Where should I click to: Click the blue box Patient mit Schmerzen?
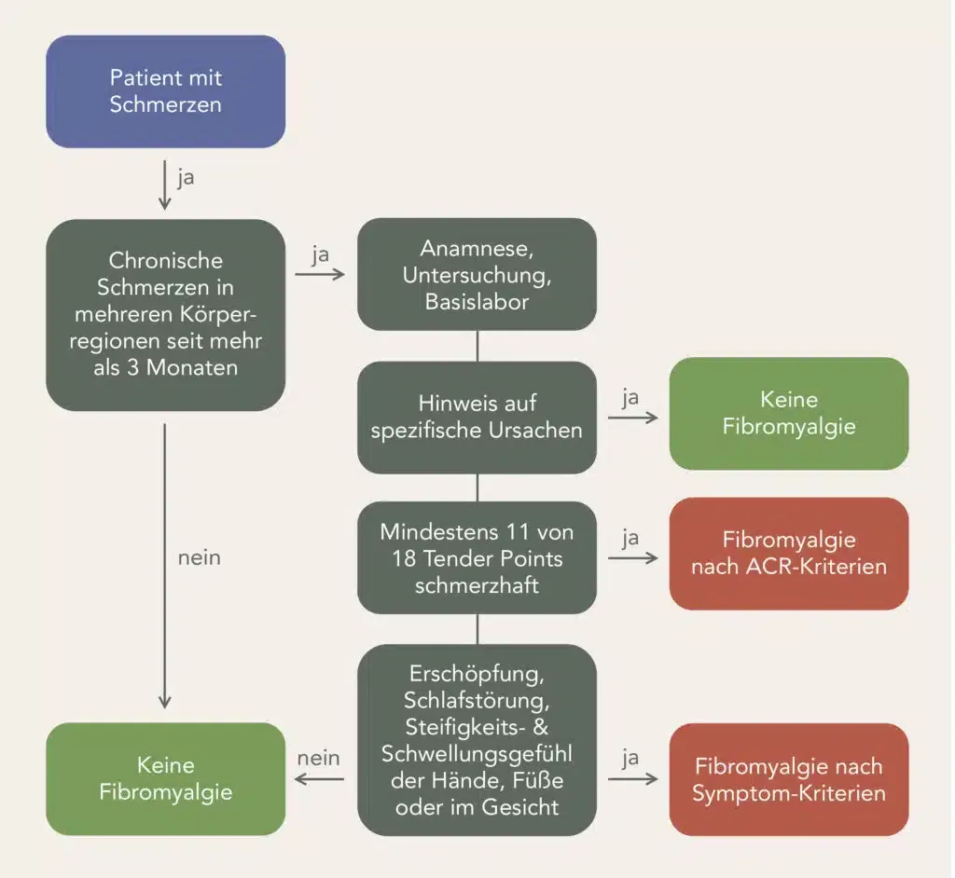point(165,91)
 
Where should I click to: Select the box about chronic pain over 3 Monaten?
point(165,314)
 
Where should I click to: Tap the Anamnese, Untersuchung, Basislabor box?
point(477,274)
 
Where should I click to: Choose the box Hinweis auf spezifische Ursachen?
point(477,417)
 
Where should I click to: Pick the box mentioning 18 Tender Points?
point(477,556)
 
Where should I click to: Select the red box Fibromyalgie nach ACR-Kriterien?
point(788,553)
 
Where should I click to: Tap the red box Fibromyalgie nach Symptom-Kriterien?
point(788,779)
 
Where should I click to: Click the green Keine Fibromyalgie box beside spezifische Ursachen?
point(788,413)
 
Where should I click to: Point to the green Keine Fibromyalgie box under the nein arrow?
point(165,778)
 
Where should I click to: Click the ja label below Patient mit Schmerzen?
point(186,177)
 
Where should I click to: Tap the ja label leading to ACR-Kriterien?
point(630,538)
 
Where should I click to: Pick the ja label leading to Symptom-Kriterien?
point(630,758)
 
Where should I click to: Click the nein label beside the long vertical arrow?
point(199,557)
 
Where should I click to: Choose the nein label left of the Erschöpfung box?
point(318,758)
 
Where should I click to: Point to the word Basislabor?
point(477,301)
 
